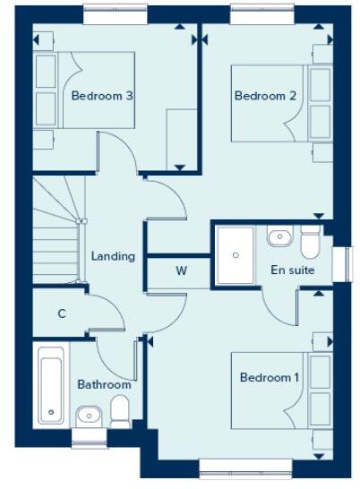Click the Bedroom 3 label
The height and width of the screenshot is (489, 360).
click(102, 97)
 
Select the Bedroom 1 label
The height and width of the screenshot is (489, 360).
click(270, 377)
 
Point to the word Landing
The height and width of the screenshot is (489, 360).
click(113, 256)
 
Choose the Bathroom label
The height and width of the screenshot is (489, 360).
click(104, 384)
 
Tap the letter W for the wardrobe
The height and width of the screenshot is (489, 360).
click(181, 270)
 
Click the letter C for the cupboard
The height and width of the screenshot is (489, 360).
click(62, 313)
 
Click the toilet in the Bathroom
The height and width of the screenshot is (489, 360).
click(121, 411)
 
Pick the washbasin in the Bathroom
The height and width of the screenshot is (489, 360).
click(89, 415)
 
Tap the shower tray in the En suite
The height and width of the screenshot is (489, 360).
click(236, 254)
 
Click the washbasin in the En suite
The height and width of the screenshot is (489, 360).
click(279, 238)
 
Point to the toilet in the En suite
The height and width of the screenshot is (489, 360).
click(310, 242)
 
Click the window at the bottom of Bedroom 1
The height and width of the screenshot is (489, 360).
click(234, 465)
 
